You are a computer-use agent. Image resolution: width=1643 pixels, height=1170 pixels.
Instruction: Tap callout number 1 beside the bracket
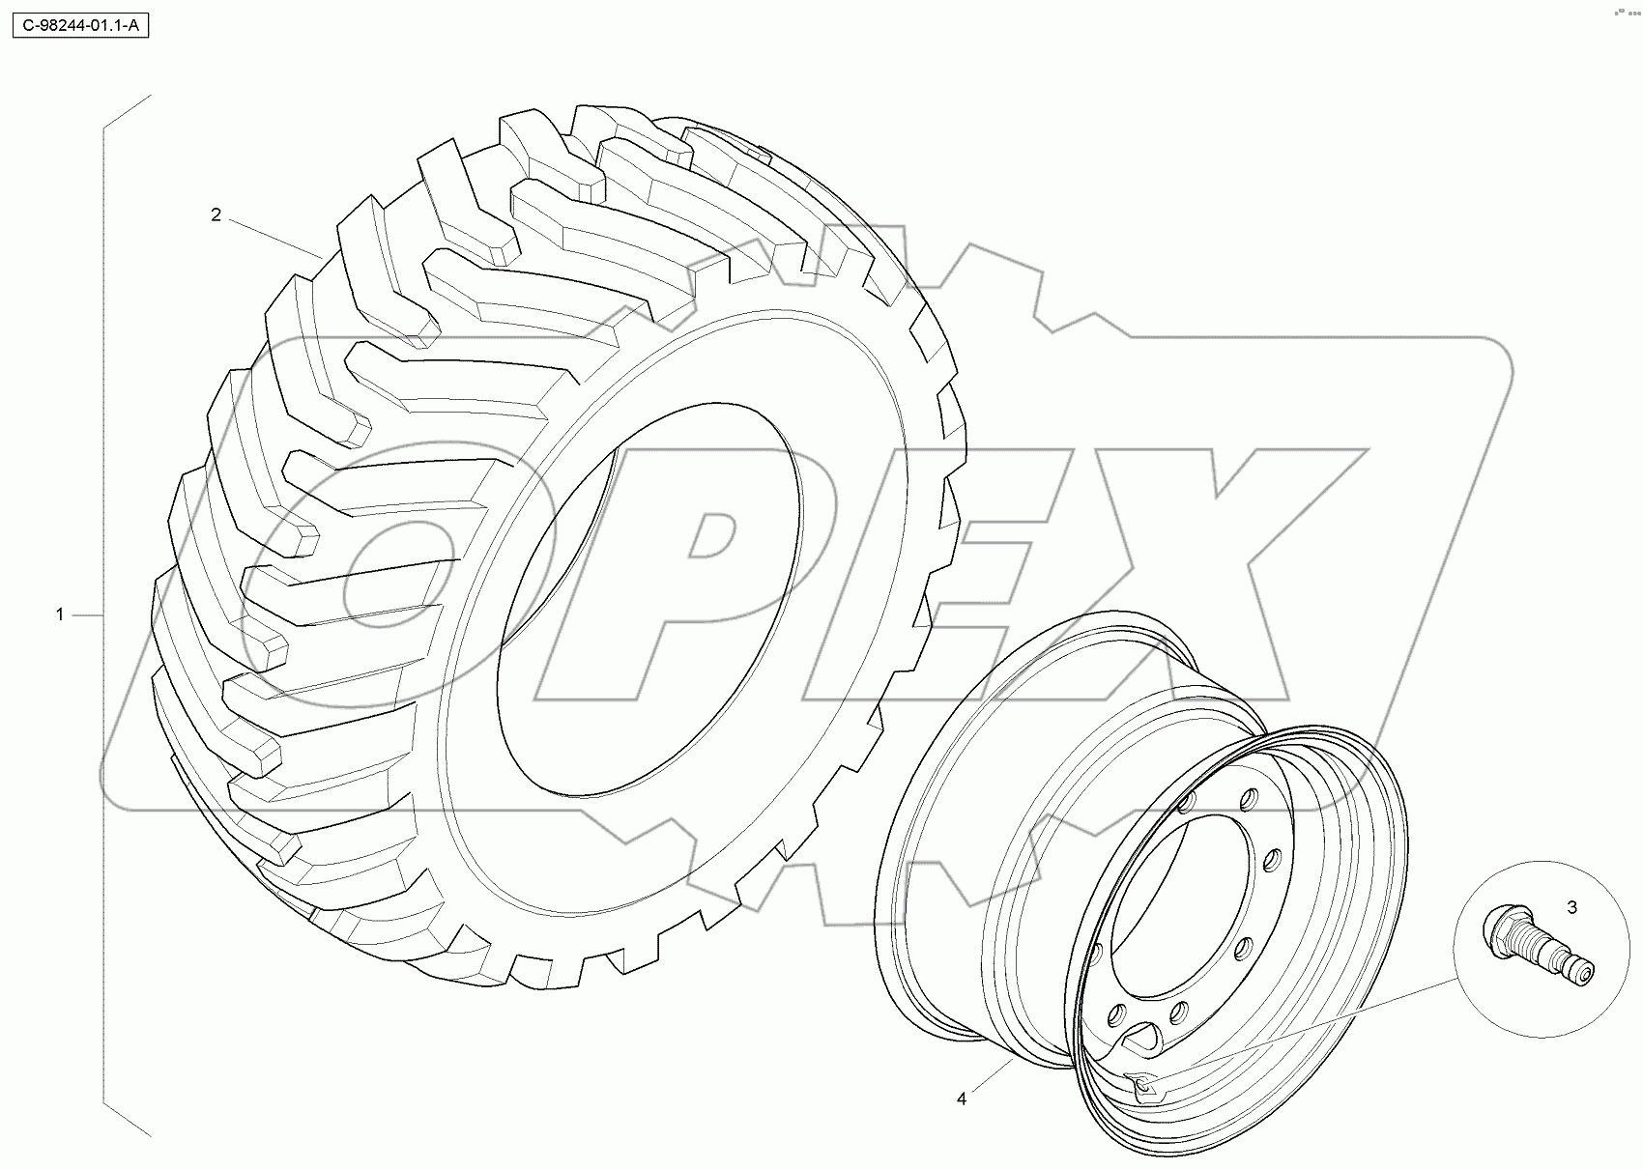click(60, 614)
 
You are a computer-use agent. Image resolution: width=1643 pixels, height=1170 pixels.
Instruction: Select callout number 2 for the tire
click(216, 214)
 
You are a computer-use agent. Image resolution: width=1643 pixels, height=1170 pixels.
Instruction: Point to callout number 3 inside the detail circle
click(1571, 907)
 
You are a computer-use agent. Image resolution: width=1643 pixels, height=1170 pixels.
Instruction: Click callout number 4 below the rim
click(962, 1099)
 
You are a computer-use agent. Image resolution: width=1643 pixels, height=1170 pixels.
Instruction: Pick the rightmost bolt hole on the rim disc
click(1272, 857)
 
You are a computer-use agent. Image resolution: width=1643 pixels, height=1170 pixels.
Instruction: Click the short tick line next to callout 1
click(88, 614)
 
